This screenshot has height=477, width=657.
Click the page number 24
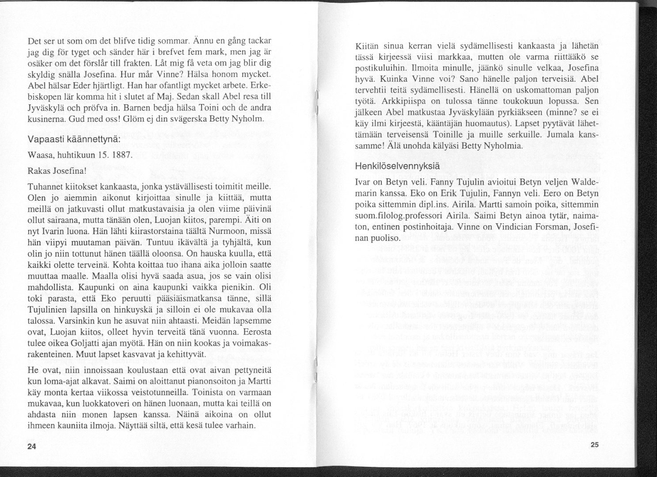[31, 446]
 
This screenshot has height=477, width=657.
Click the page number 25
[594, 445]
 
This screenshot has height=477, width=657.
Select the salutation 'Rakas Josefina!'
[56, 171]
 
